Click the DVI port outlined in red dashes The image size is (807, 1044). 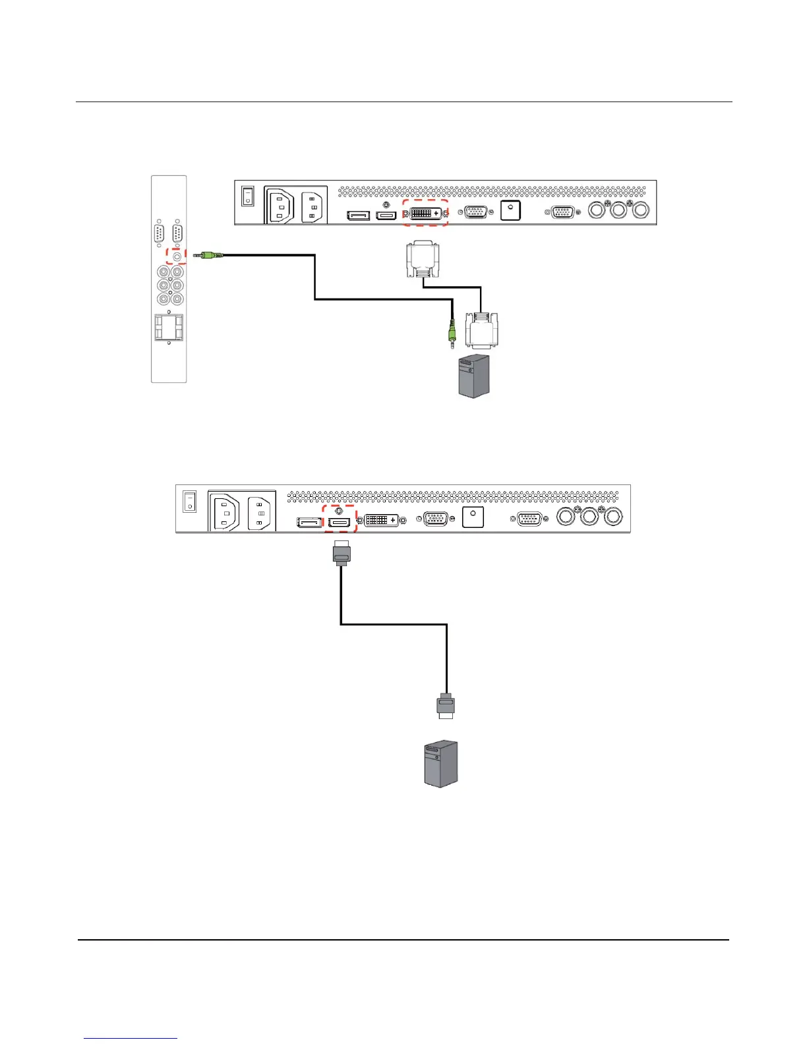425,213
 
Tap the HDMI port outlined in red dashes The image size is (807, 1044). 340,523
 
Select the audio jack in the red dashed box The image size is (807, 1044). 176,255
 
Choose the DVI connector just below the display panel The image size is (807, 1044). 423,260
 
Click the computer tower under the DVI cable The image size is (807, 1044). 475,376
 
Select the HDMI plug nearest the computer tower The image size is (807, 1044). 446,706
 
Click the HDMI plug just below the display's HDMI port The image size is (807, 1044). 342,552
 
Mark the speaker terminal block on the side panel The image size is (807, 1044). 169,328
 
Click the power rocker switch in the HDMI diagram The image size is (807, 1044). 189,502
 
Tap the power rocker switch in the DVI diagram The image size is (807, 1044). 247,195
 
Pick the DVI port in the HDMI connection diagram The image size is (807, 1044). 381,520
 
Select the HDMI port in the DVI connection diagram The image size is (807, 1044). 386,216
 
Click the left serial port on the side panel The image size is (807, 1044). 158,234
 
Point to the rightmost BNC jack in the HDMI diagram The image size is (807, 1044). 613,516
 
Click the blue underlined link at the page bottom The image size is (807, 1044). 131,1039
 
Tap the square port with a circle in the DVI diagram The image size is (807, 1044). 511,210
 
